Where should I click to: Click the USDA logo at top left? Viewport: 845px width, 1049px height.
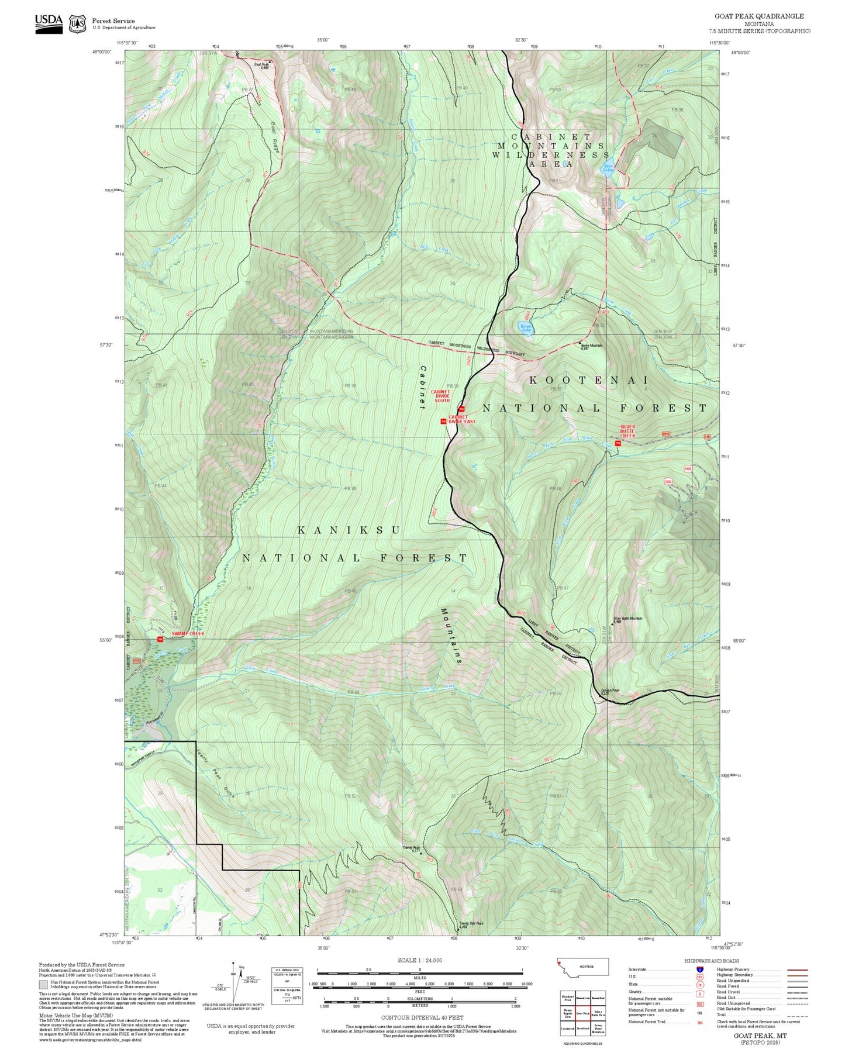[x=49, y=23]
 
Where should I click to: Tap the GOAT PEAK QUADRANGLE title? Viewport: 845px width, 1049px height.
[x=758, y=16]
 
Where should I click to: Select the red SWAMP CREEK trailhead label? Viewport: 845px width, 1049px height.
[x=188, y=634]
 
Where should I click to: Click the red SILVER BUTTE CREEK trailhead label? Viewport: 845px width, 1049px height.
[x=627, y=431]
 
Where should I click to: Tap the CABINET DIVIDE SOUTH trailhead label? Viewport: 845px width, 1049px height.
[x=442, y=396]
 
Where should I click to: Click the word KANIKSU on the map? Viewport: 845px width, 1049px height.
[x=349, y=530]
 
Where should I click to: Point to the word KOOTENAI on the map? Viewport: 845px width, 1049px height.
[x=589, y=380]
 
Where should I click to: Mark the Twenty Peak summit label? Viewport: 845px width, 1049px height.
[x=412, y=848]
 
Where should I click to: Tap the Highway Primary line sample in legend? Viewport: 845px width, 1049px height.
[x=798, y=969]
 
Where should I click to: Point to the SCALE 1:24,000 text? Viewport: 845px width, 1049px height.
[x=420, y=960]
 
